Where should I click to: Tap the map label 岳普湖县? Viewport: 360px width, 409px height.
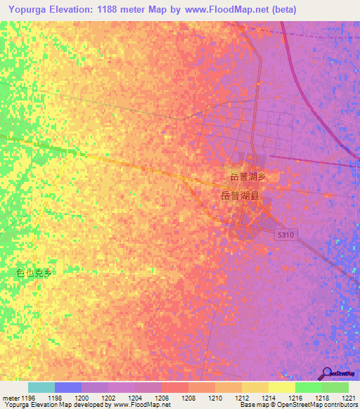(x=236, y=197)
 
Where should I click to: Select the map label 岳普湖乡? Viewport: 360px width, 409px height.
(x=247, y=176)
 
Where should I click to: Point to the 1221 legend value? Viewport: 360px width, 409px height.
(x=349, y=398)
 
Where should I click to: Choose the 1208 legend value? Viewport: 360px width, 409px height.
(x=188, y=398)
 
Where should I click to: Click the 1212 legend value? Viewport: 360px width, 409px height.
(x=241, y=398)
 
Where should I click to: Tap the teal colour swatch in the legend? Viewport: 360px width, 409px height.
(x=41, y=387)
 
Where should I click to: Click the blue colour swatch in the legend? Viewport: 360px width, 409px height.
(x=68, y=387)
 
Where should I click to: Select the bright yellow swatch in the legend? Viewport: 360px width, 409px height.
(x=282, y=387)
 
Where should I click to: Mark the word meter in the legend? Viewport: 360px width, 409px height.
(x=10, y=398)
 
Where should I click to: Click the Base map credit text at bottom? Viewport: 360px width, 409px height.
(x=260, y=405)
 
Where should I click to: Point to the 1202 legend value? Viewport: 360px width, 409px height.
(x=108, y=398)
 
